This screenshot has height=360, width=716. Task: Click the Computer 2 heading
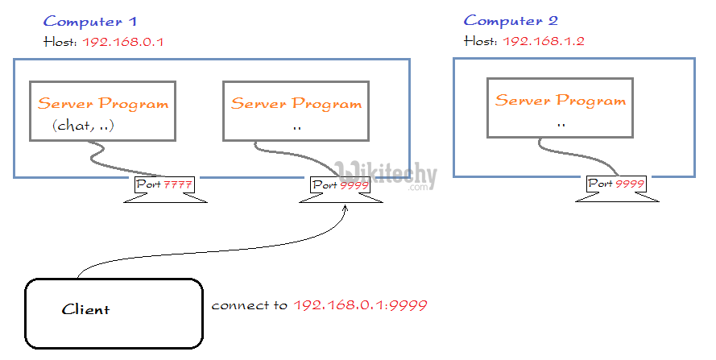click(511, 21)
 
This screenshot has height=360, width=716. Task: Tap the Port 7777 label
click(165, 185)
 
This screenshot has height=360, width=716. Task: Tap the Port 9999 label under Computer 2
click(616, 184)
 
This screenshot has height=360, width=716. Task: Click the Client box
click(113, 313)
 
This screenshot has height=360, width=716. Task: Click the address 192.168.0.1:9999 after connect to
click(360, 306)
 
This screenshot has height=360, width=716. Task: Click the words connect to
click(250, 306)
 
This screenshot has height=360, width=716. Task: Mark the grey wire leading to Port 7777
click(121, 161)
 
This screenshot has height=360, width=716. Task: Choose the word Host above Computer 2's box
click(481, 40)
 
